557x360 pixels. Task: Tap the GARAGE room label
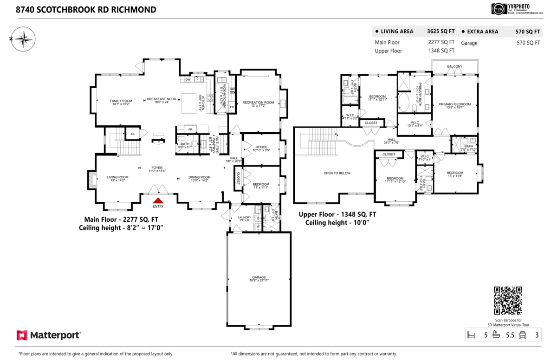point(259,277)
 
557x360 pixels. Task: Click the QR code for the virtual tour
point(508,301)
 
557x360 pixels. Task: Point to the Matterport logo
point(49,334)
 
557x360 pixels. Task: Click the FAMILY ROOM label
point(121,101)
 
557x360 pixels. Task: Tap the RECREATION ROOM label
point(258,102)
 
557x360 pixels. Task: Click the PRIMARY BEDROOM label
point(454,104)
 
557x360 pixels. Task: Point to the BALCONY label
point(454,66)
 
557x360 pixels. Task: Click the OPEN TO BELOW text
point(337,173)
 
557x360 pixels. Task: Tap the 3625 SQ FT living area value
point(441,32)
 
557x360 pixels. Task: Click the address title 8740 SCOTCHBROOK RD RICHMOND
point(86,9)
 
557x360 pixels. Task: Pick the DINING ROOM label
point(199,177)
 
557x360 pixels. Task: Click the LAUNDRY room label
point(244,217)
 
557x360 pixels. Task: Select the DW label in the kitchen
point(188,80)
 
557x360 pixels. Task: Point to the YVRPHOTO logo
point(498,9)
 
